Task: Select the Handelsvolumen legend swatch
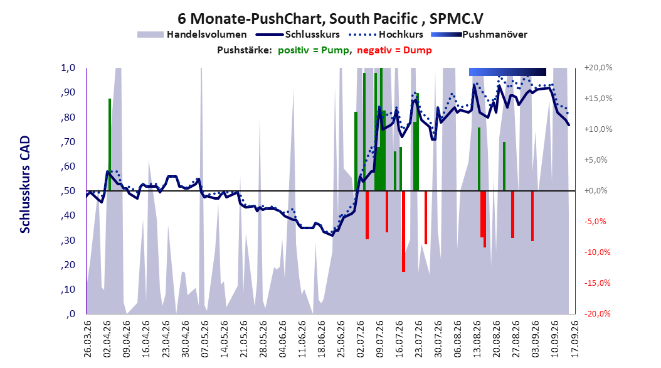click(150, 35)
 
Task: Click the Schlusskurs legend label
click(312, 35)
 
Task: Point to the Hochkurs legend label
click(401, 35)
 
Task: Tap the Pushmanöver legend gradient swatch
click(447, 35)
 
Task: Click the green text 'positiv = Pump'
click(314, 50)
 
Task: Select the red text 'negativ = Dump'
click(394, 50)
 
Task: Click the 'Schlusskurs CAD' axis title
click(25, 185)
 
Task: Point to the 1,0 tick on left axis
click(68, 68)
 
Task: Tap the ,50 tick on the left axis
click(68, 191)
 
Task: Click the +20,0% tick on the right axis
click(598, 68)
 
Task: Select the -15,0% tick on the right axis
click(597, 283)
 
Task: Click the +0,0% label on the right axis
click(596, 191)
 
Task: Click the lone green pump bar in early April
click(110, 145)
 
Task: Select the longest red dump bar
click(403, 231)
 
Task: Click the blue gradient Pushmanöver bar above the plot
click(507, 72)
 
